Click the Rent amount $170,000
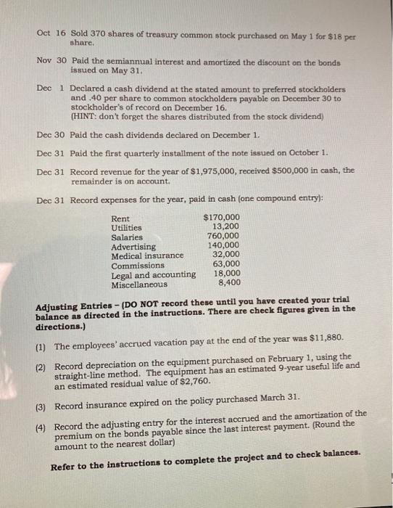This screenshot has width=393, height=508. click(x=223, y=218)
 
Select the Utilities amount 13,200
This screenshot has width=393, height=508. click(x=226, y=227)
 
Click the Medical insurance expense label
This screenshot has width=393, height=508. click(x=147, y=255)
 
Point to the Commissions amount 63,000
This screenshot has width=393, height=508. click(x=226, y=265)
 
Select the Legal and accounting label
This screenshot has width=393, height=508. click(x=153, y=274)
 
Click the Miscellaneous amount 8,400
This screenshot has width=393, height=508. click(x=229, y=283)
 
